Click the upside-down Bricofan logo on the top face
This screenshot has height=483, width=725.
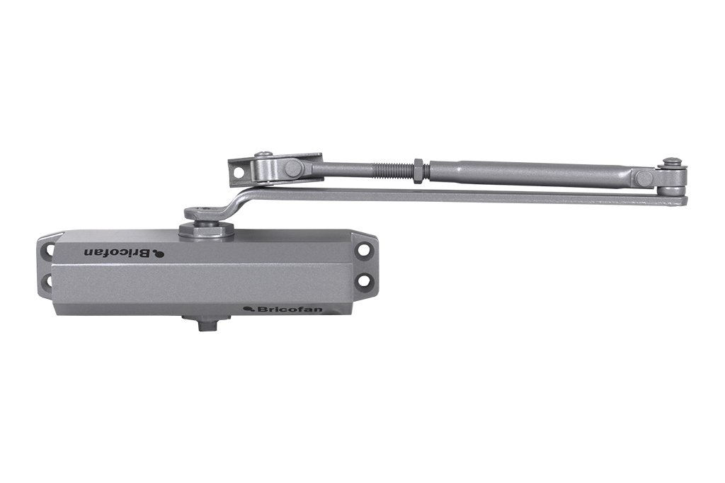[124, 252]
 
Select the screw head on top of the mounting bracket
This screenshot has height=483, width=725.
[263, 154]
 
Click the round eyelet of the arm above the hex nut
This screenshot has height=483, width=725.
[201, 212]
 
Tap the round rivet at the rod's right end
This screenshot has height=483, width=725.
[644, 177]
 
